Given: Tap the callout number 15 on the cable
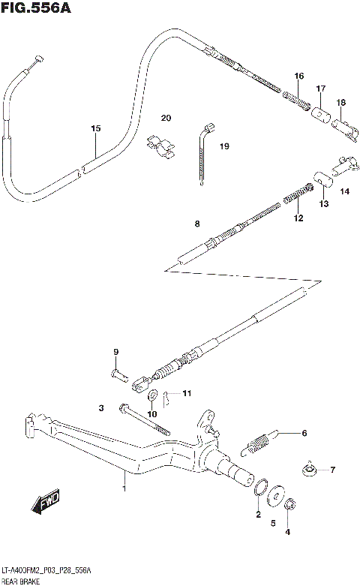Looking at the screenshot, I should pos(95,129).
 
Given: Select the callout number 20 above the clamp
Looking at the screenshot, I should pos(166,118).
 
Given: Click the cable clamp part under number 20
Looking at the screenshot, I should pos(160,146).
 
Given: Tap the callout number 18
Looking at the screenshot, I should pos(340,102).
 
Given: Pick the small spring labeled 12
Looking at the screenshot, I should pos(295,198).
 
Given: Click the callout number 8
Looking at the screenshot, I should pos(196,223).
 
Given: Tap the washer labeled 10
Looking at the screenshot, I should pos(152,395).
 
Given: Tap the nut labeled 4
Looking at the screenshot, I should pos(292,506).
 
